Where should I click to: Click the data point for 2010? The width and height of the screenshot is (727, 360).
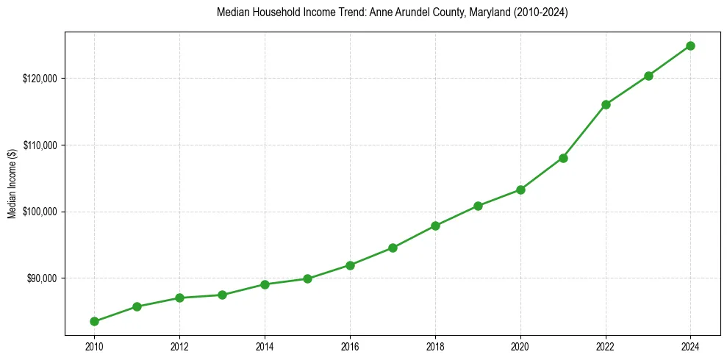click(x=94, y=321)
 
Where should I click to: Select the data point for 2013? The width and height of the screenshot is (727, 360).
click(x=222, y=295)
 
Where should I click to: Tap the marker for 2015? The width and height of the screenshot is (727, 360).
click(x=307, y=278)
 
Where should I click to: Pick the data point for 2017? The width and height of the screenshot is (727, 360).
click(x=393, y=248)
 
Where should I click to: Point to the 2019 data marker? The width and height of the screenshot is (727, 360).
click(x=478, y=206)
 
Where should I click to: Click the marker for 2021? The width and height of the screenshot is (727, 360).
click(x=563, y=158)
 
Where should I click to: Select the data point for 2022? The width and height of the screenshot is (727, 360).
click(x=606, y=104)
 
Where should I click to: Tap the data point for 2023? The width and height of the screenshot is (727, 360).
click(x=648, y=76)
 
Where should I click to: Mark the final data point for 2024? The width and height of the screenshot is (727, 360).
click(x=691, y=46)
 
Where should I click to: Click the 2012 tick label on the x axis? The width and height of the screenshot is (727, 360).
click(x=179, y=347)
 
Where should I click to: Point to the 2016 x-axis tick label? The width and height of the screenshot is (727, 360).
click(x=350, y=347)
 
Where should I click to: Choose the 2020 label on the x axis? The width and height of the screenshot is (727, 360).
click(x=520, y=347)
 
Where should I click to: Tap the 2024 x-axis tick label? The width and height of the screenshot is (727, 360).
click(x=691, y=347)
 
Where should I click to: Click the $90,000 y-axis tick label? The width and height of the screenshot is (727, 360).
click(x=41, y=278)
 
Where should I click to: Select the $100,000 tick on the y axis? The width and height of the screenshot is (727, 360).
click(x=40, y=212)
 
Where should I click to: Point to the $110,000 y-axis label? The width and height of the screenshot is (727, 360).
click(x=40, y=145)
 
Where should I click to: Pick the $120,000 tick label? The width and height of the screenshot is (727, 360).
click(x=40, y=79)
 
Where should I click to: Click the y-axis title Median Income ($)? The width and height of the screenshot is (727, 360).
click(x=12, y=189)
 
